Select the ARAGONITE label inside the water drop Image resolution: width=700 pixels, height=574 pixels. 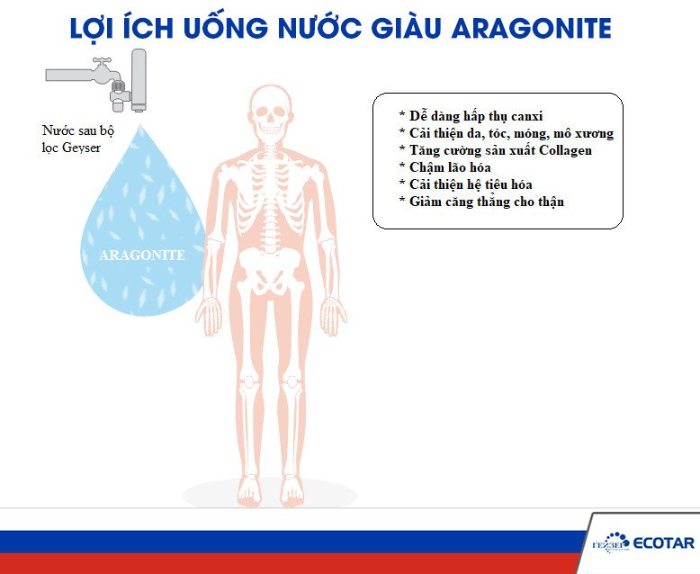click(141, 256)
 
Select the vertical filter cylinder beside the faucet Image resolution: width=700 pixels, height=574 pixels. click(139, 79)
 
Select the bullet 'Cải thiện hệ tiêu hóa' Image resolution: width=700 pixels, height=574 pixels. click(471, 184)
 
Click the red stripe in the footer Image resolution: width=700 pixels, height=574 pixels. click(270, 563)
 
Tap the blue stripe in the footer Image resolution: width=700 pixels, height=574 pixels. click(270, 541)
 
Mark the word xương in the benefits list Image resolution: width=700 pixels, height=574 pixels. click(594, 133)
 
